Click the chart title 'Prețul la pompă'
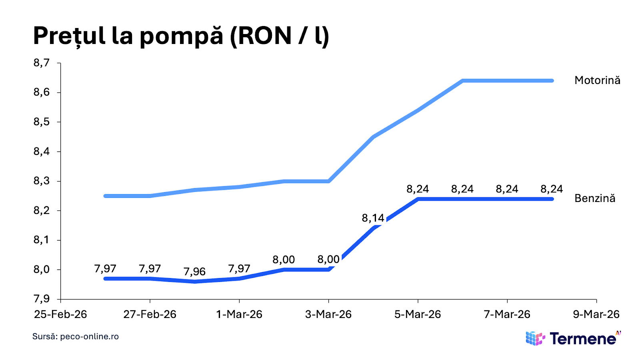128,36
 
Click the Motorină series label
597,80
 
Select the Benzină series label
595,198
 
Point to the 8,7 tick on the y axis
42,63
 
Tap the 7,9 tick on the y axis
42,299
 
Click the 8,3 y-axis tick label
42,181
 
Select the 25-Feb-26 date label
60,314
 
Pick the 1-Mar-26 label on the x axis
239,314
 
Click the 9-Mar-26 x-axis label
596,314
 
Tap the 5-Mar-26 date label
418,314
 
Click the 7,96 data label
194,272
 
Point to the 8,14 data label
373,218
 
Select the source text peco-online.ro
89,336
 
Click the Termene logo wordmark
583,339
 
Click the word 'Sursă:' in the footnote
45,336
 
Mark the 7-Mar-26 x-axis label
507,314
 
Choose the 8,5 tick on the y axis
42,122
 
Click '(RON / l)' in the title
280,36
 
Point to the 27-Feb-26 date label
150,314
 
